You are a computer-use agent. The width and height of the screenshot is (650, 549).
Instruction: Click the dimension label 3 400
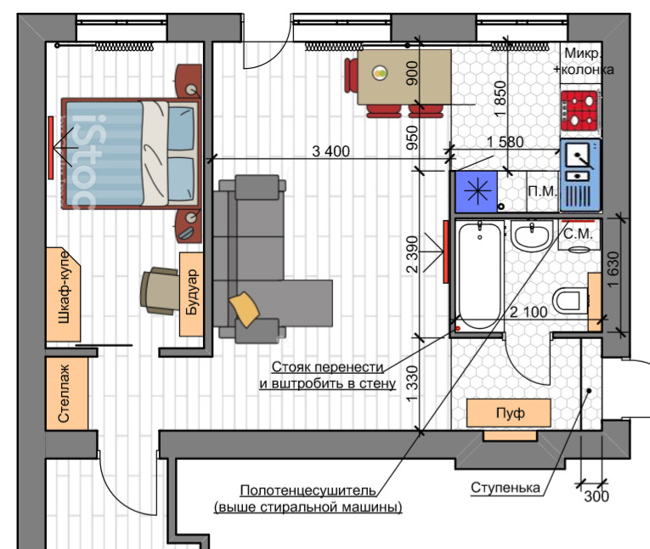[331, 152]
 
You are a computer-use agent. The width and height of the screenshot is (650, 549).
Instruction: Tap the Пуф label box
[509, 413]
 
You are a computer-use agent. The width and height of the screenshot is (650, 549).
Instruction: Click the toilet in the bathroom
[570, 300]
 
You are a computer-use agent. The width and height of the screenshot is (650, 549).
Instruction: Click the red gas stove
[579, 110]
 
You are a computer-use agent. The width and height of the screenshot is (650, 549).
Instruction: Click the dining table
[404, 76]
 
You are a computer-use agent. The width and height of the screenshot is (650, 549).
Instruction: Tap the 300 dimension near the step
[597, 497]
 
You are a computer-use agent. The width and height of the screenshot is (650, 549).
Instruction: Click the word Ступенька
[506, 488]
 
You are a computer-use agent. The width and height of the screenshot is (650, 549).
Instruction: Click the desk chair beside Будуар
[159, 290]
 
